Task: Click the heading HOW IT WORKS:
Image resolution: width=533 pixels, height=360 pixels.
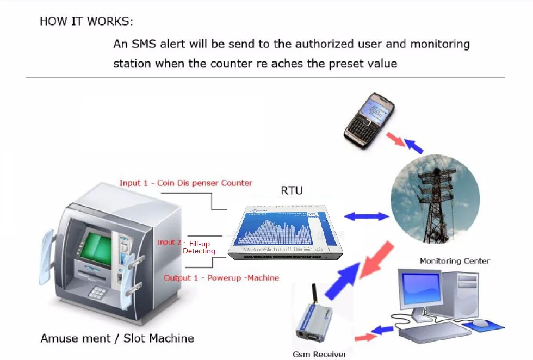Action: click(x=86, y=22)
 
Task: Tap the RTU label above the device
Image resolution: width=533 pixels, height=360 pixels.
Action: click(x=292, y=190)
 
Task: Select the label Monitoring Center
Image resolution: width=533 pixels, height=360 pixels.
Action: click(x=455, y=261)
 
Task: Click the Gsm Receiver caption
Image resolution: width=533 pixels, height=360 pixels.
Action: click(x=319, y=355)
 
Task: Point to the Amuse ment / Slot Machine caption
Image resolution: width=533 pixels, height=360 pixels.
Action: click(x=117, y=338)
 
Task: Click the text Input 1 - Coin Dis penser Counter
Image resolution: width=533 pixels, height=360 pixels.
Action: click(x=186, y=183)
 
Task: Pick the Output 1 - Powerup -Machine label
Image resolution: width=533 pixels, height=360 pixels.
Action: click(x=221, y=278)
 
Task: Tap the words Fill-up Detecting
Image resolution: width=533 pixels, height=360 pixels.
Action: click(x=200, y=247)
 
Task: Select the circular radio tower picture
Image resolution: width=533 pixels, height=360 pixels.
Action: click(x=435, y=199)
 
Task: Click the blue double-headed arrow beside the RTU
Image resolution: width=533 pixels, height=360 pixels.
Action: click(x=367, y=216)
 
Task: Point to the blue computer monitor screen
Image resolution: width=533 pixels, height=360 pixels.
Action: click(x=420, y=289)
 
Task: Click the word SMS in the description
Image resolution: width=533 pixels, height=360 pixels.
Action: click(x=144, y=44)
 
